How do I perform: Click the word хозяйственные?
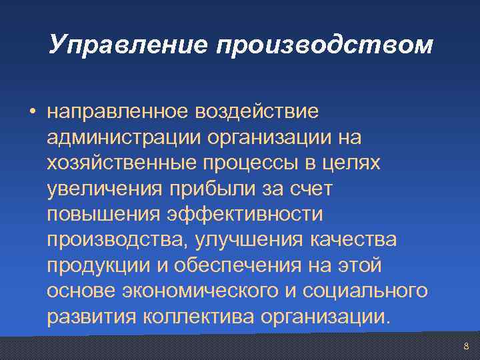[119, 163]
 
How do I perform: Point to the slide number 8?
[466, 346]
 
